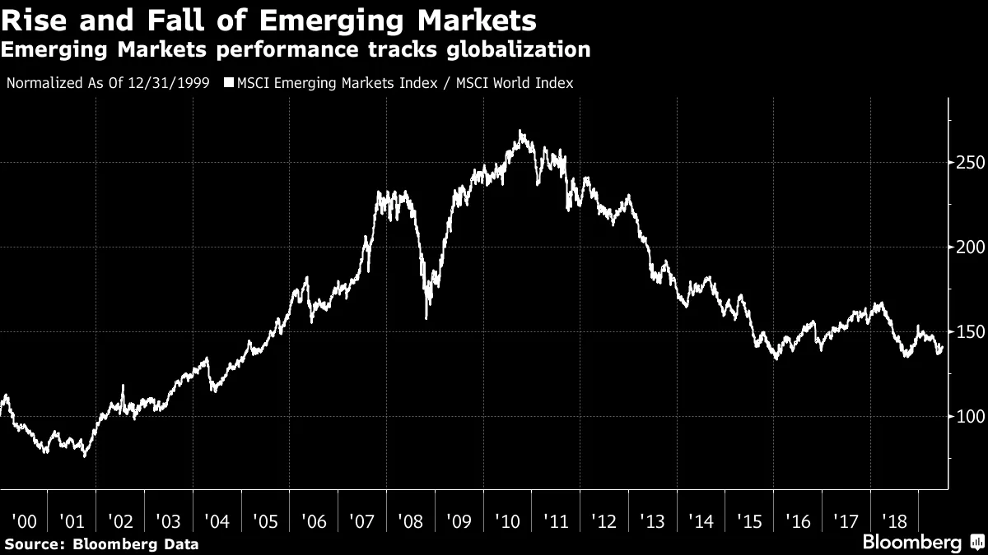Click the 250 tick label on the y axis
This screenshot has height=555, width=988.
tap(968, 163)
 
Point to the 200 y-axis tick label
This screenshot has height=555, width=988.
tap(968, 247)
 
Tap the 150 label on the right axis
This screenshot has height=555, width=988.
tap(968, 332)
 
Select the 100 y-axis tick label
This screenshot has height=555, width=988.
tap(968, 417)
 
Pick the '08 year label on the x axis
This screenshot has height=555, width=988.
tap(412, 520)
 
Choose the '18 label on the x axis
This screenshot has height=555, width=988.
tap(894, 520)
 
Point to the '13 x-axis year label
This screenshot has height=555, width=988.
tap(653, 520)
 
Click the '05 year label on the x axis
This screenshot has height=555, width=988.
tap(267, 520)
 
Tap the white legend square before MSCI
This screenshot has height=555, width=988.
tap(230, 83)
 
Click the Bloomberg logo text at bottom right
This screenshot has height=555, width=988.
tap(911, 543)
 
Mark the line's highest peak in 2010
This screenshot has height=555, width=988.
tap(521, 131)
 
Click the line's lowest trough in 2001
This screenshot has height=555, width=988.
tap(84, 456)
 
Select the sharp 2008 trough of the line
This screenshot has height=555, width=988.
tap(426, 317)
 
